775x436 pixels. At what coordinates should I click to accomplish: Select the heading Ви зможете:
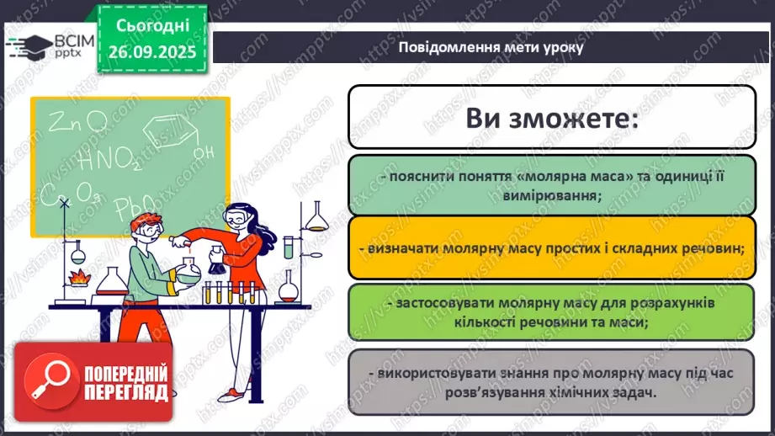point(553,118)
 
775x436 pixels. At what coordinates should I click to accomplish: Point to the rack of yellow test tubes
point(227,293)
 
